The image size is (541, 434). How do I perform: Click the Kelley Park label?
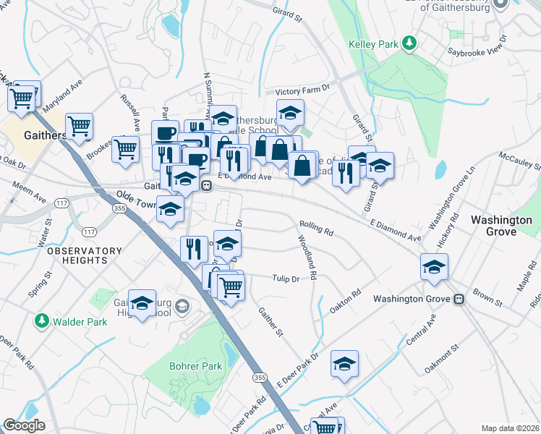pyautogui.click(x=373, y=45)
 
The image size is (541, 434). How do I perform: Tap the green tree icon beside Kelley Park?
pyautogui.click(x=409, y=44)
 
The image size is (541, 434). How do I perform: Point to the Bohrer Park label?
pyautogui.click(x=195, y=366)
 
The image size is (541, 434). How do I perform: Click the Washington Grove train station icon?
pyautogui.click(x=459, y=299)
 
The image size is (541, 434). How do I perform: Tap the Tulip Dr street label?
pyautogui.click(x=285, y=278)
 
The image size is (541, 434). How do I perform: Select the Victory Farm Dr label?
pyautogui.click(x=302, y=91)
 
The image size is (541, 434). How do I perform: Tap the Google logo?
pyautogui.click(x=24, y=425)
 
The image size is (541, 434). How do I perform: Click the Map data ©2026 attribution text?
pyautogui.click(x=510, y=428)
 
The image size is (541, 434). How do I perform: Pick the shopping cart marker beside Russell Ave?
pyautogui.click(x=126, y=149)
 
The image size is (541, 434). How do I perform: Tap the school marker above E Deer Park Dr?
pyautogui.click(x=345, y=365)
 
